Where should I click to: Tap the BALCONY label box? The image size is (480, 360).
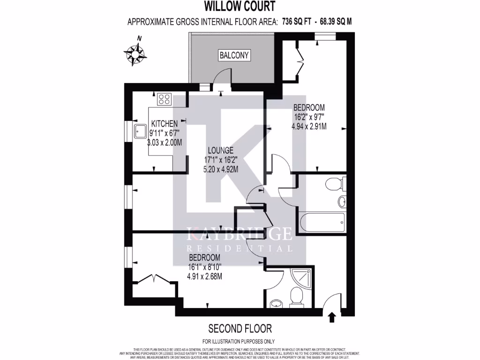click(234, 55)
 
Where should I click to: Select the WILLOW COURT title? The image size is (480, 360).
click(240, 6)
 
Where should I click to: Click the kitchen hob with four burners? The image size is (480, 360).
click(165, 99)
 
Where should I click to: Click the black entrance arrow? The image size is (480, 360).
click(332, 317)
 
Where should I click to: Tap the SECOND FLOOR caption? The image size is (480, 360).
click(240, 328)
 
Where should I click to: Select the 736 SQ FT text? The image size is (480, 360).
click(296, 21)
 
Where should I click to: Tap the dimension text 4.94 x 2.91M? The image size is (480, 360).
click(309, 126)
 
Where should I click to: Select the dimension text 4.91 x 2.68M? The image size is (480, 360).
click(204, 276)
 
